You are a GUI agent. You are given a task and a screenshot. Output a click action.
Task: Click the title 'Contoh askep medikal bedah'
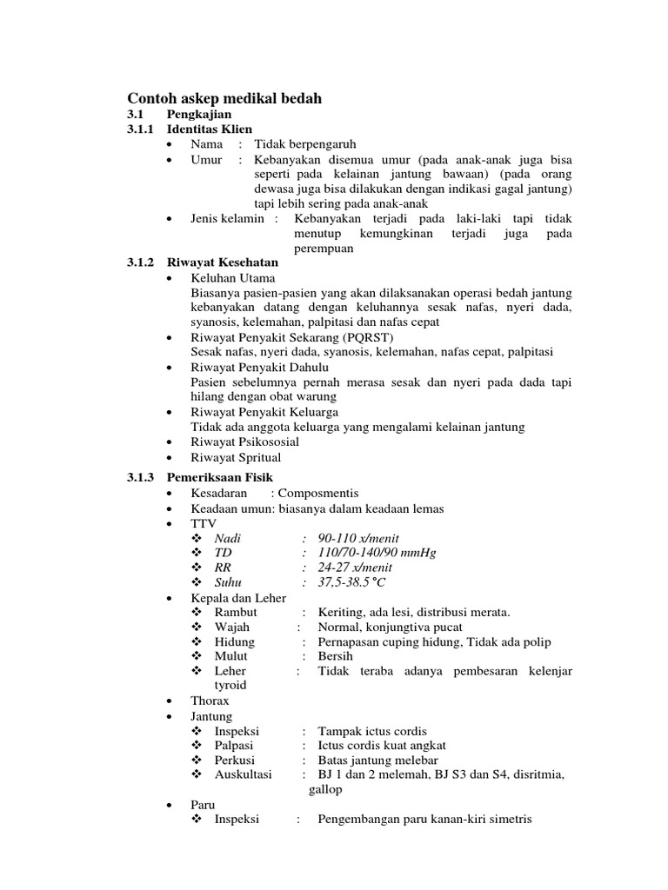pyautogui.click(x=224, y=99)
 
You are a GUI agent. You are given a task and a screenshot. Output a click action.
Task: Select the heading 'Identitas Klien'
pyautogui.click(x=210, y=129)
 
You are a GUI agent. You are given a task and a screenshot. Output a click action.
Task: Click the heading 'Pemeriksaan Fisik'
pyautogui.click(x=220, y=477)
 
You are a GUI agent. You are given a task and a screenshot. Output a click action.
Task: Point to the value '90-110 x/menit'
pyautogui.click(x=358, y=539)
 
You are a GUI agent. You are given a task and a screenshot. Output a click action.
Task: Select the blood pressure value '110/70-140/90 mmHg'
pyautogui.click(x=377, y=553)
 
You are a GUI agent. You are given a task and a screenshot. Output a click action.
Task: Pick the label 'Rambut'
pyautogui.click(x=235, y=613)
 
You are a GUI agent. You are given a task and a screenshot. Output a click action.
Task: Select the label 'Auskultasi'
pyautogui.click(x=243, y=774)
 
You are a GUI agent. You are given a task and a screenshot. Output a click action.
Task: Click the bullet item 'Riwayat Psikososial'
pyautogui.click(x=245, y=442)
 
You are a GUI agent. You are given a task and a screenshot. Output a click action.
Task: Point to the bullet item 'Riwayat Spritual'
pyautogui.click(x=236, y=457)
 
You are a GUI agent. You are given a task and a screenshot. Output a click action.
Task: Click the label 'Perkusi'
pyautogui.click(x=235, y=760)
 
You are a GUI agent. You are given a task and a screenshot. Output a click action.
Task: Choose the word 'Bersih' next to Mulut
pyautogui.click(x=335, y=656)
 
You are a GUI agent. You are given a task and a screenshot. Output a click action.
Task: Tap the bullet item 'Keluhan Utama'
pyautogui.click(x=233, y=277)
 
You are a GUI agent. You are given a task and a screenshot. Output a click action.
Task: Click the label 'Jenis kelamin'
pyautogui.click(x=227, y=219)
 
